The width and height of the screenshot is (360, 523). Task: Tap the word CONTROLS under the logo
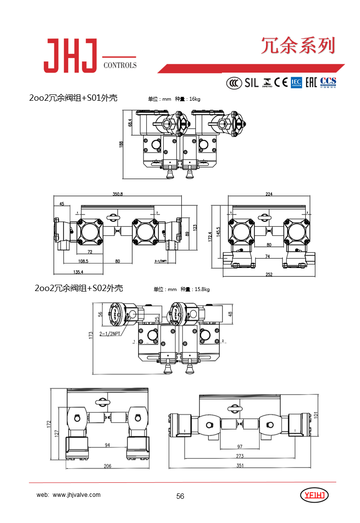click(120, 65)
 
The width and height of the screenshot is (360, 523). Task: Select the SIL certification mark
click(251, 82)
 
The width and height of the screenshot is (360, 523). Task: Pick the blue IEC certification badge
click(296, 82)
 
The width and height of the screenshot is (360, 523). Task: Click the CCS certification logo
click(328, 82)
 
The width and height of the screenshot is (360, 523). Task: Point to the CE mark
click(281, 82)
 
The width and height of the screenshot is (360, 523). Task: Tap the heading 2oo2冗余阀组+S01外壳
click(73, 98)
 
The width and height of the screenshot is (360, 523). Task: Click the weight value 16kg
click(194, 99)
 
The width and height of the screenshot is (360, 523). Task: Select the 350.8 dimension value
click(118, 194)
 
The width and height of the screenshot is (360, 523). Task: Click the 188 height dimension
click(122, 143)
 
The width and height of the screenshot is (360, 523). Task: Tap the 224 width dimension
click(269, 194)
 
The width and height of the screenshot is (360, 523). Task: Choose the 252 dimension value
click(269, 275)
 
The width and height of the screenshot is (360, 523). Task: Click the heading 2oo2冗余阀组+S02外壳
click(79, 289)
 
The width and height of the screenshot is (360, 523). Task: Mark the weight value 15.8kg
click(202, 290)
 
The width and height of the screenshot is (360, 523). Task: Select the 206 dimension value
click(108, 466)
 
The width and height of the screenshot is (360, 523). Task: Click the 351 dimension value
click(240, 466)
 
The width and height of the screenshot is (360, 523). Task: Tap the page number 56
click(180, 496)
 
